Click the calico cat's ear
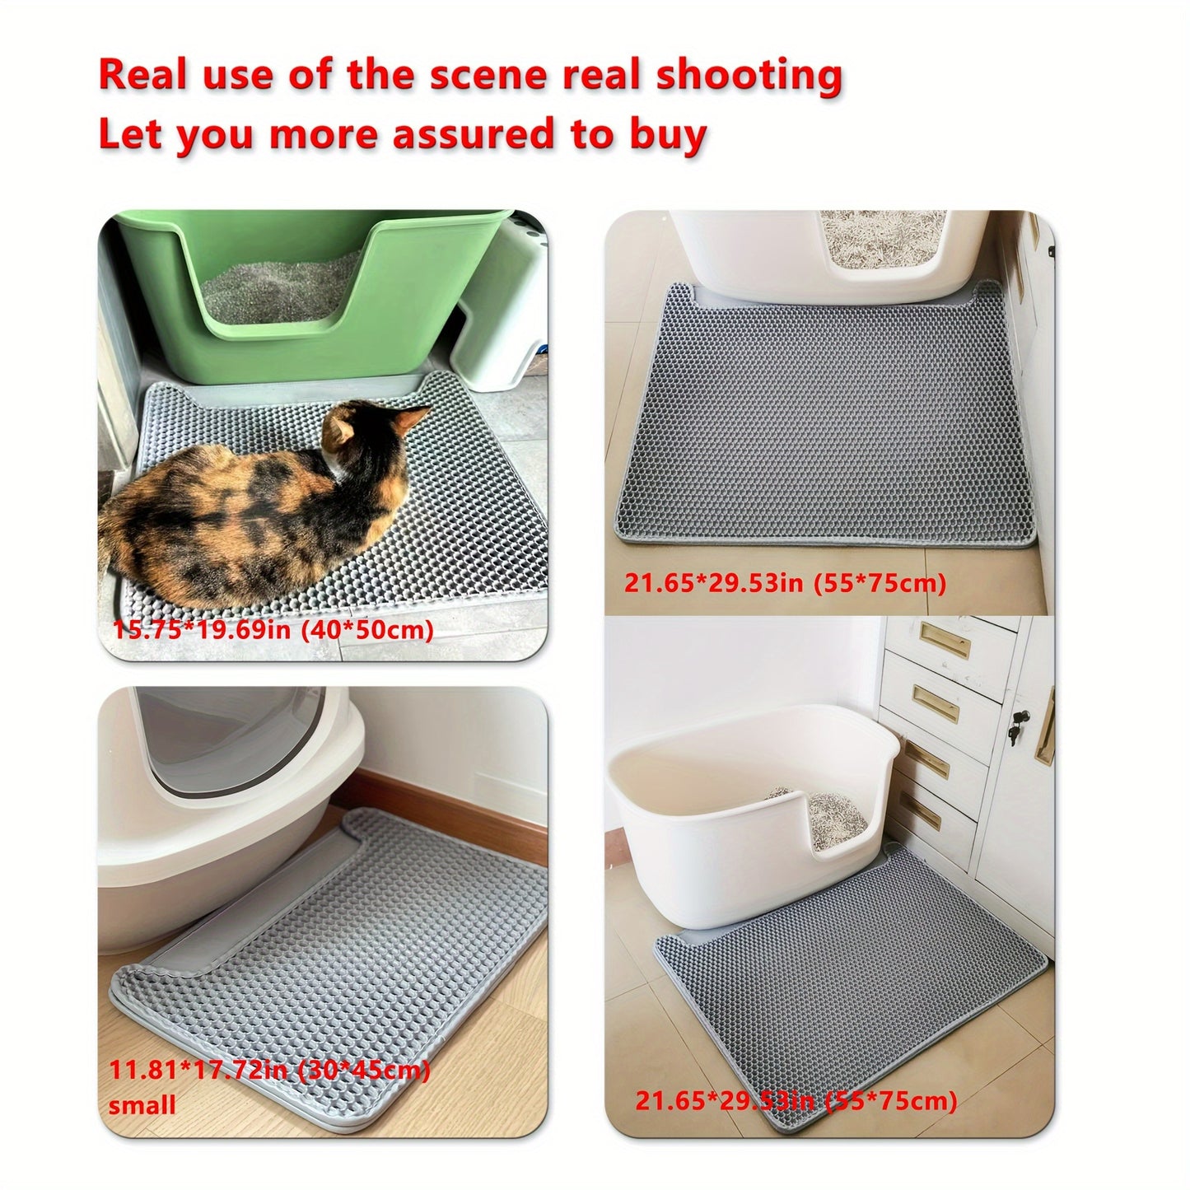pyautogui.click(x=405, y=421)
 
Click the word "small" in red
pyautogui.click(x=142, y=1105)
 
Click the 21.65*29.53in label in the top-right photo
pyautogui.click(x=785, y=583)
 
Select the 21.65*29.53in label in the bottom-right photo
pyautogui.click(x=796, y=1102)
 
